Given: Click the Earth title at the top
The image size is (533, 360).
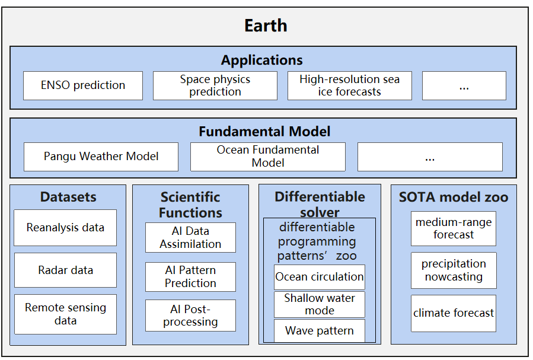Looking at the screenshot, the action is coord(266,26).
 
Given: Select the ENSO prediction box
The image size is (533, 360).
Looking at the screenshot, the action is coord(83,85).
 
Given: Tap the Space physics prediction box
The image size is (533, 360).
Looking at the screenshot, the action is coord(215,85).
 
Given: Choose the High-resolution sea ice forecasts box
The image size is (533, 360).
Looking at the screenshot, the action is coord(350,85).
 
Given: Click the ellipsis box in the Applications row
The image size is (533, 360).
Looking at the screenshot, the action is coord(464,85).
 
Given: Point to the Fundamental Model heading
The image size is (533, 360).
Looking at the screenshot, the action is coord(264,132).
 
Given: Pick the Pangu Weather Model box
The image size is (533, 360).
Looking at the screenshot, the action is coord(101,157).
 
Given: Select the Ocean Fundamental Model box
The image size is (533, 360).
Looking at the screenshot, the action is coord(268,157).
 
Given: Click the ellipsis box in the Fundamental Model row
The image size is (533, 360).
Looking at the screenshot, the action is coord(430,157).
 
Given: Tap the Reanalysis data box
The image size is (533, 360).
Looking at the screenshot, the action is coord(65,228).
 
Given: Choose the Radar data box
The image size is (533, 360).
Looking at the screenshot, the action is coord(65,270).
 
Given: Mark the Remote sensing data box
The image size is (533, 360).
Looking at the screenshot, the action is coord(65,314).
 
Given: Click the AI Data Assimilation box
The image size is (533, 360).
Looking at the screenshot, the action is coord(190,238).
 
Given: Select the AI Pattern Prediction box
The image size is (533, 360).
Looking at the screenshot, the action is coord(190,277).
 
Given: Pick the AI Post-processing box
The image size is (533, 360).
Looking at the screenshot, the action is coord(190,316).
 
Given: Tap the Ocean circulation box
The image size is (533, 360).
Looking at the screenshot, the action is coord(320,277).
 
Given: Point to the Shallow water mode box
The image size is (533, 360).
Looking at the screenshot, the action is coord(320,304).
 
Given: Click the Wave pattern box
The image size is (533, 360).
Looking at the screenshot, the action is coord(320,330).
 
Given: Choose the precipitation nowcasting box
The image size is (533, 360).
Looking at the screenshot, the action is coord(454,270).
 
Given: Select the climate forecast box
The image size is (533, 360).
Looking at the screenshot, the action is coord(454,313).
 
